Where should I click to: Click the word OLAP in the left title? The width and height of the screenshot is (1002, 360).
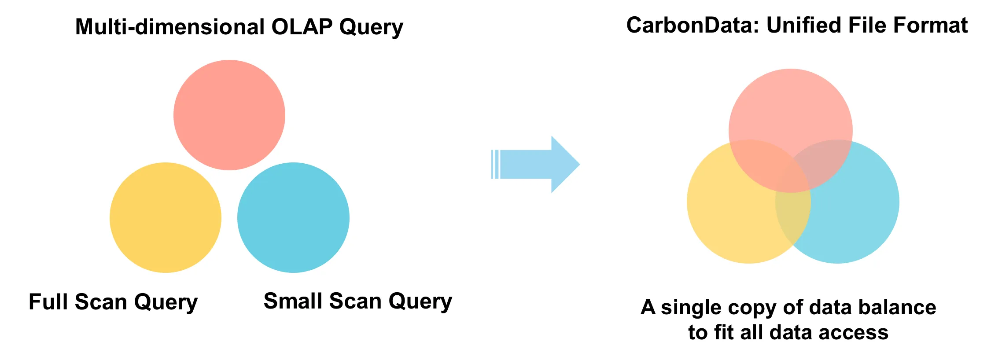302,27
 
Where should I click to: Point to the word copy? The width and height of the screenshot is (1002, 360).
754,308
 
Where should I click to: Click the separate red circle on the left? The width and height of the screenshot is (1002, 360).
229,115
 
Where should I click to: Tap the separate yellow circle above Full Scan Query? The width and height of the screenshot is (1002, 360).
165,217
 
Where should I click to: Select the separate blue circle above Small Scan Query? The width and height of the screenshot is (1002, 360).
293,217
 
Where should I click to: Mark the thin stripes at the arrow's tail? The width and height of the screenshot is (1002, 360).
495,164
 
